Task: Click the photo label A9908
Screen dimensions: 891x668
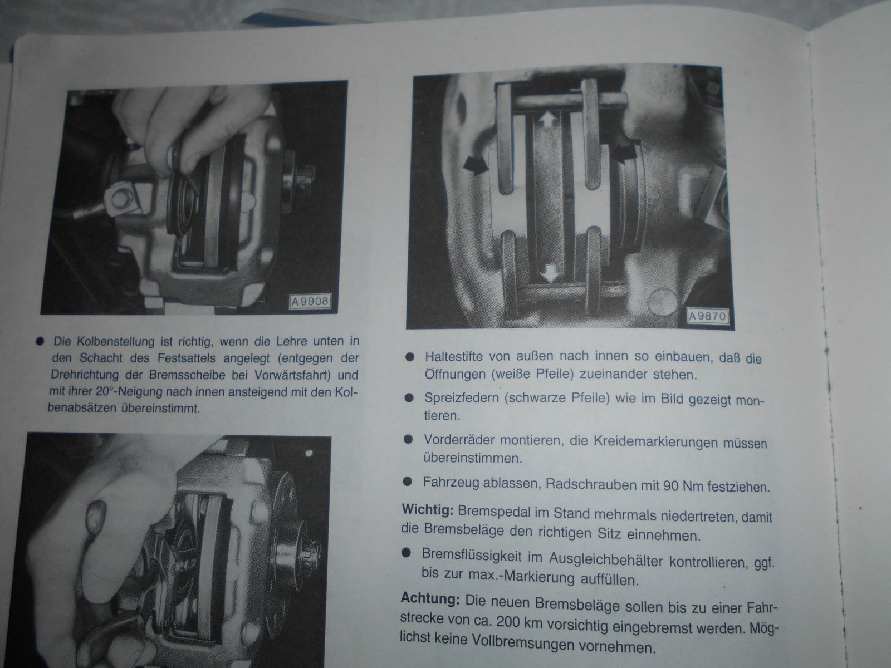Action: [x=310, y=302]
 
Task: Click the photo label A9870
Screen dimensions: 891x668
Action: [x=708, y=316]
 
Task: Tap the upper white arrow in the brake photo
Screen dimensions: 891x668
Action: [x=547, y=120]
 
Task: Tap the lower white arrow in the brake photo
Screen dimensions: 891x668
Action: [x=550, y=273]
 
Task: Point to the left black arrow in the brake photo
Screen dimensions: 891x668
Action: [x=476, y=165]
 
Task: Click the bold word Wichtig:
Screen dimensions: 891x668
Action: [x=428, y=510]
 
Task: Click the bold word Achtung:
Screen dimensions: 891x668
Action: [x=430, y=598]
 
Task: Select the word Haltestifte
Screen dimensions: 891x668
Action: [x=454, y=356]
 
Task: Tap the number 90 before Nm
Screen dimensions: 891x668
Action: [x=670, y=485]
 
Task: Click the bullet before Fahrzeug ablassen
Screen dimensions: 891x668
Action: [x=408, y=482]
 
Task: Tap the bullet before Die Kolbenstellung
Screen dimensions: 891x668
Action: [x=40, y=342]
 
